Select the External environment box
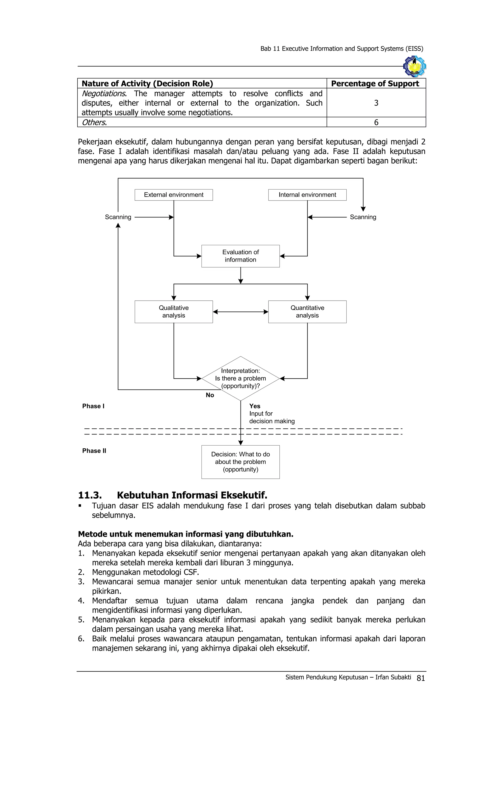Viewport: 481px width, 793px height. click(x=174, y=195)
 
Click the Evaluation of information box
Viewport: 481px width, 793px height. click(x=240, y=256)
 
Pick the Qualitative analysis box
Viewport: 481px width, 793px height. click(x=174, y=312)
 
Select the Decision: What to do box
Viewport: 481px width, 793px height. click(x=240, y=462)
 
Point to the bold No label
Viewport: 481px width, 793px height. click(x=210, y=395)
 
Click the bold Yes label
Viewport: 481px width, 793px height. click(x=255, y=406)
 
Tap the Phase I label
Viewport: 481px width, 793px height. click(x=93, y=406)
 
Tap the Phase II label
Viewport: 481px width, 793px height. click(x=94, y=450)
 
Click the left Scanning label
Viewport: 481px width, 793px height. click(x=118, y=217)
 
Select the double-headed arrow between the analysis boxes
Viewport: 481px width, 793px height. click(x=240, y=312)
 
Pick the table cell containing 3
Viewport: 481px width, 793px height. click(x=376, y=103)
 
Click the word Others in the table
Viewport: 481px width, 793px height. click(x=93, y=122)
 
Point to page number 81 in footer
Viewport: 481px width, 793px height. click(x=421, y=678)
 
